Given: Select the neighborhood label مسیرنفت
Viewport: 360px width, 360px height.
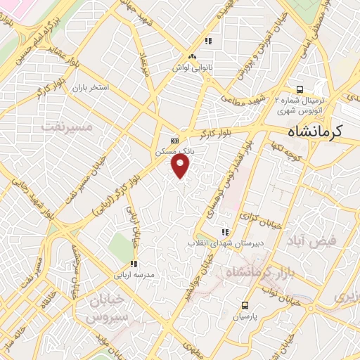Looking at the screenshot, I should pyautogui.click(x=68, y=127).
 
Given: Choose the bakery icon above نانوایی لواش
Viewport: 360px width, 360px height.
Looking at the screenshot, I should pyautogui.click(x=192, y=57).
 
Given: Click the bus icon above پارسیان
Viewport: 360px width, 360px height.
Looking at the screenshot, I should pyautogui.click(x=245, y=305).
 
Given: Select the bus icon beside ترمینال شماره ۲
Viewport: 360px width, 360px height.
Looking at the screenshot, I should pyautogui.click(x=300, y=89).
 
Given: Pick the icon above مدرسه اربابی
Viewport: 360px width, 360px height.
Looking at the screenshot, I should pyautogui.click(x=134, y=264).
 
